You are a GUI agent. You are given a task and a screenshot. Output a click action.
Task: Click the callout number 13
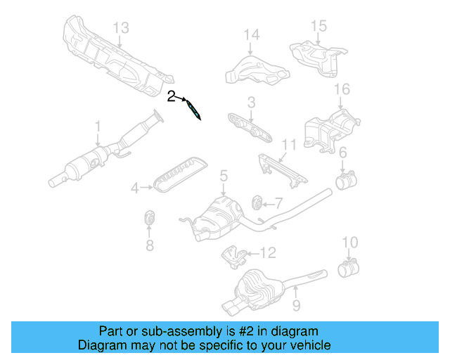pyautogui.click(x=121, y=27)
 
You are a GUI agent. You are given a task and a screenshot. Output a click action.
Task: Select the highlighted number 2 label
pyautogui.click(x=172, y=96)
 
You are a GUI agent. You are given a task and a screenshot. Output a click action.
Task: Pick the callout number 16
pyautogui.click(x=342, y=89)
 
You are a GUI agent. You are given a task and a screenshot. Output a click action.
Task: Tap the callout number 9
pyautogui.click(x=296, y=305)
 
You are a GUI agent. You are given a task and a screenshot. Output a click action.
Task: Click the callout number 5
pyautogui.click(x=222, y=175)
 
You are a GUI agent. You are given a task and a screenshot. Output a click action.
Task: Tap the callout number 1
pyautogui.click(x=98, y=127)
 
